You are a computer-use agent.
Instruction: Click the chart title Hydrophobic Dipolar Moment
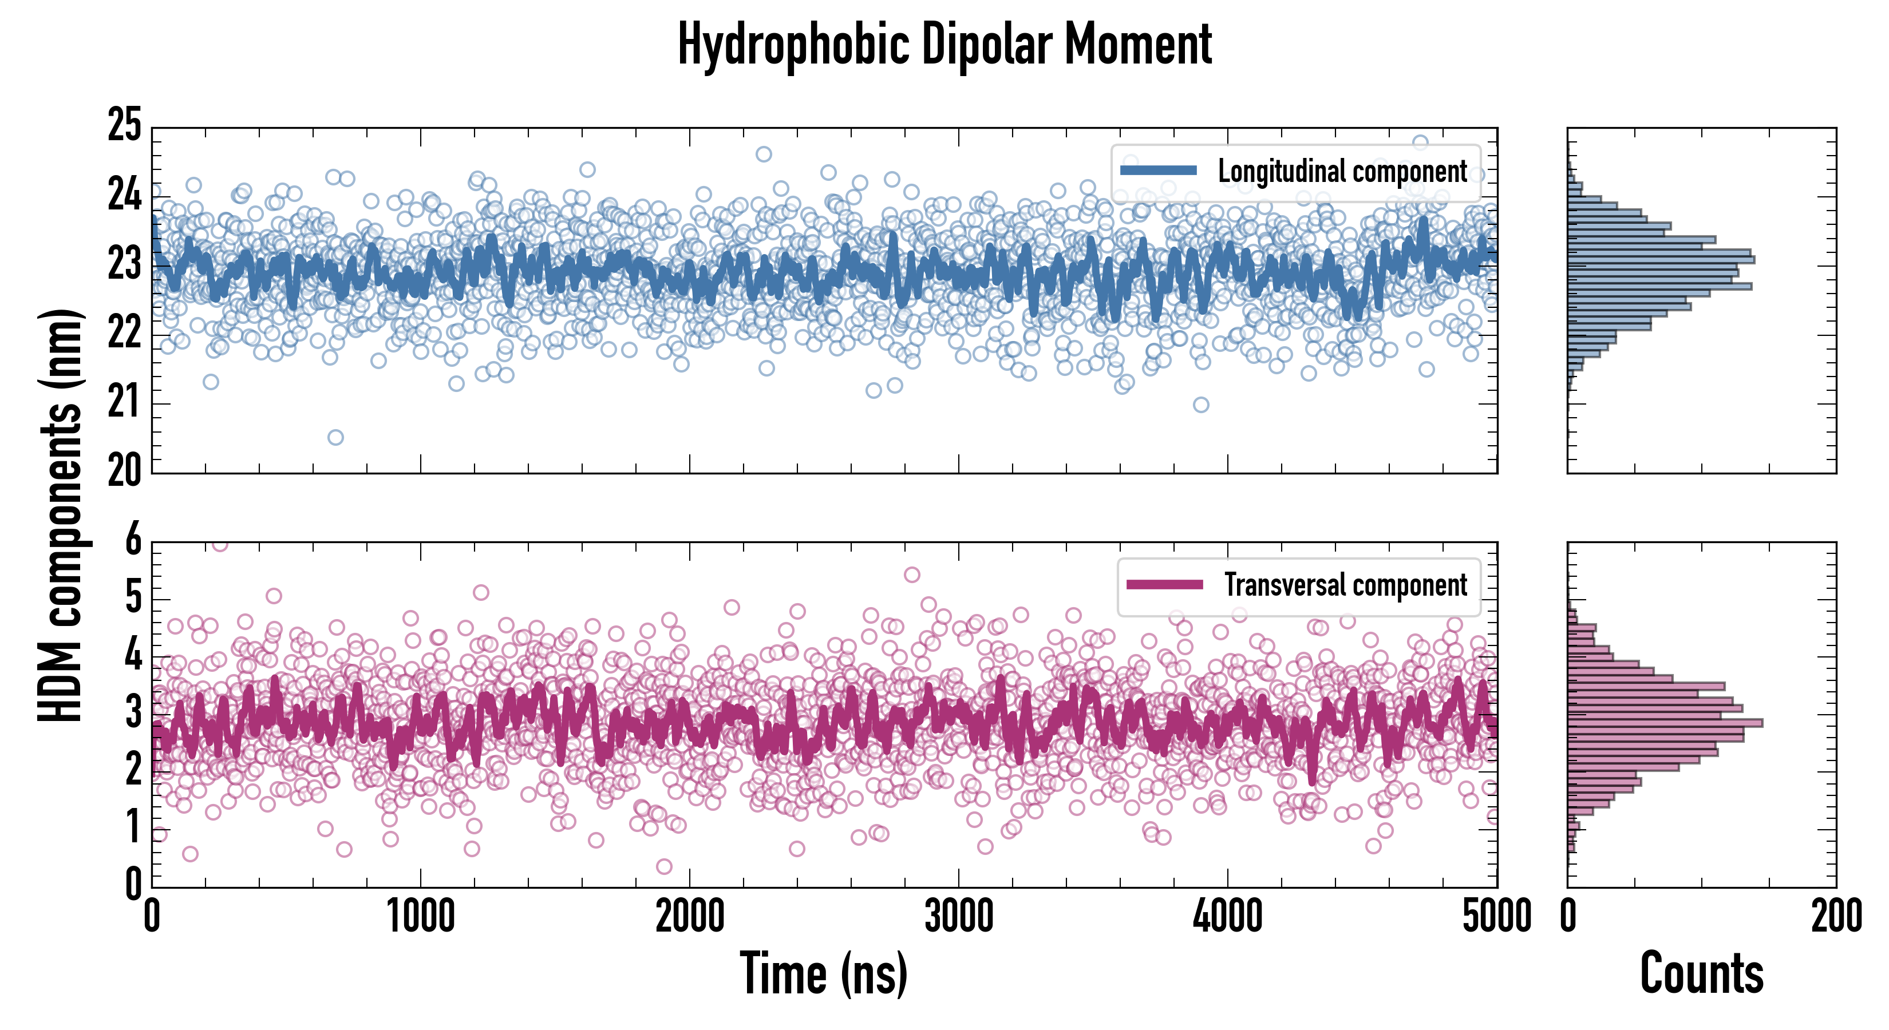pyautogui.click(x=944, y=45)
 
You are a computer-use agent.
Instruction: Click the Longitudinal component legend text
pyautogui.click(x=1342, y=172)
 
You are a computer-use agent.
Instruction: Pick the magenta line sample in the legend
pyautogui.click(x=1164, y=585)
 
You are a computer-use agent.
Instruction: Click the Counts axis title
pyautogui.click(x=1701, y=973)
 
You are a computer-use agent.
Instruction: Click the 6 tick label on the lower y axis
pyautogui.click(x=133, y=541)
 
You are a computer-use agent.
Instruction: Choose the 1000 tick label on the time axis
pyautogui.click(x=420, y=916)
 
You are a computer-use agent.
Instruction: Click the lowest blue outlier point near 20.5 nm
pyautogui.click(x=335, y=438)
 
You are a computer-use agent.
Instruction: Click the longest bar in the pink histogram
pyautogui.click(x=1665, y=723)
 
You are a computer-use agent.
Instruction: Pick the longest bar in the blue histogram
pyautogui.click(x=1661, y=260)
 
